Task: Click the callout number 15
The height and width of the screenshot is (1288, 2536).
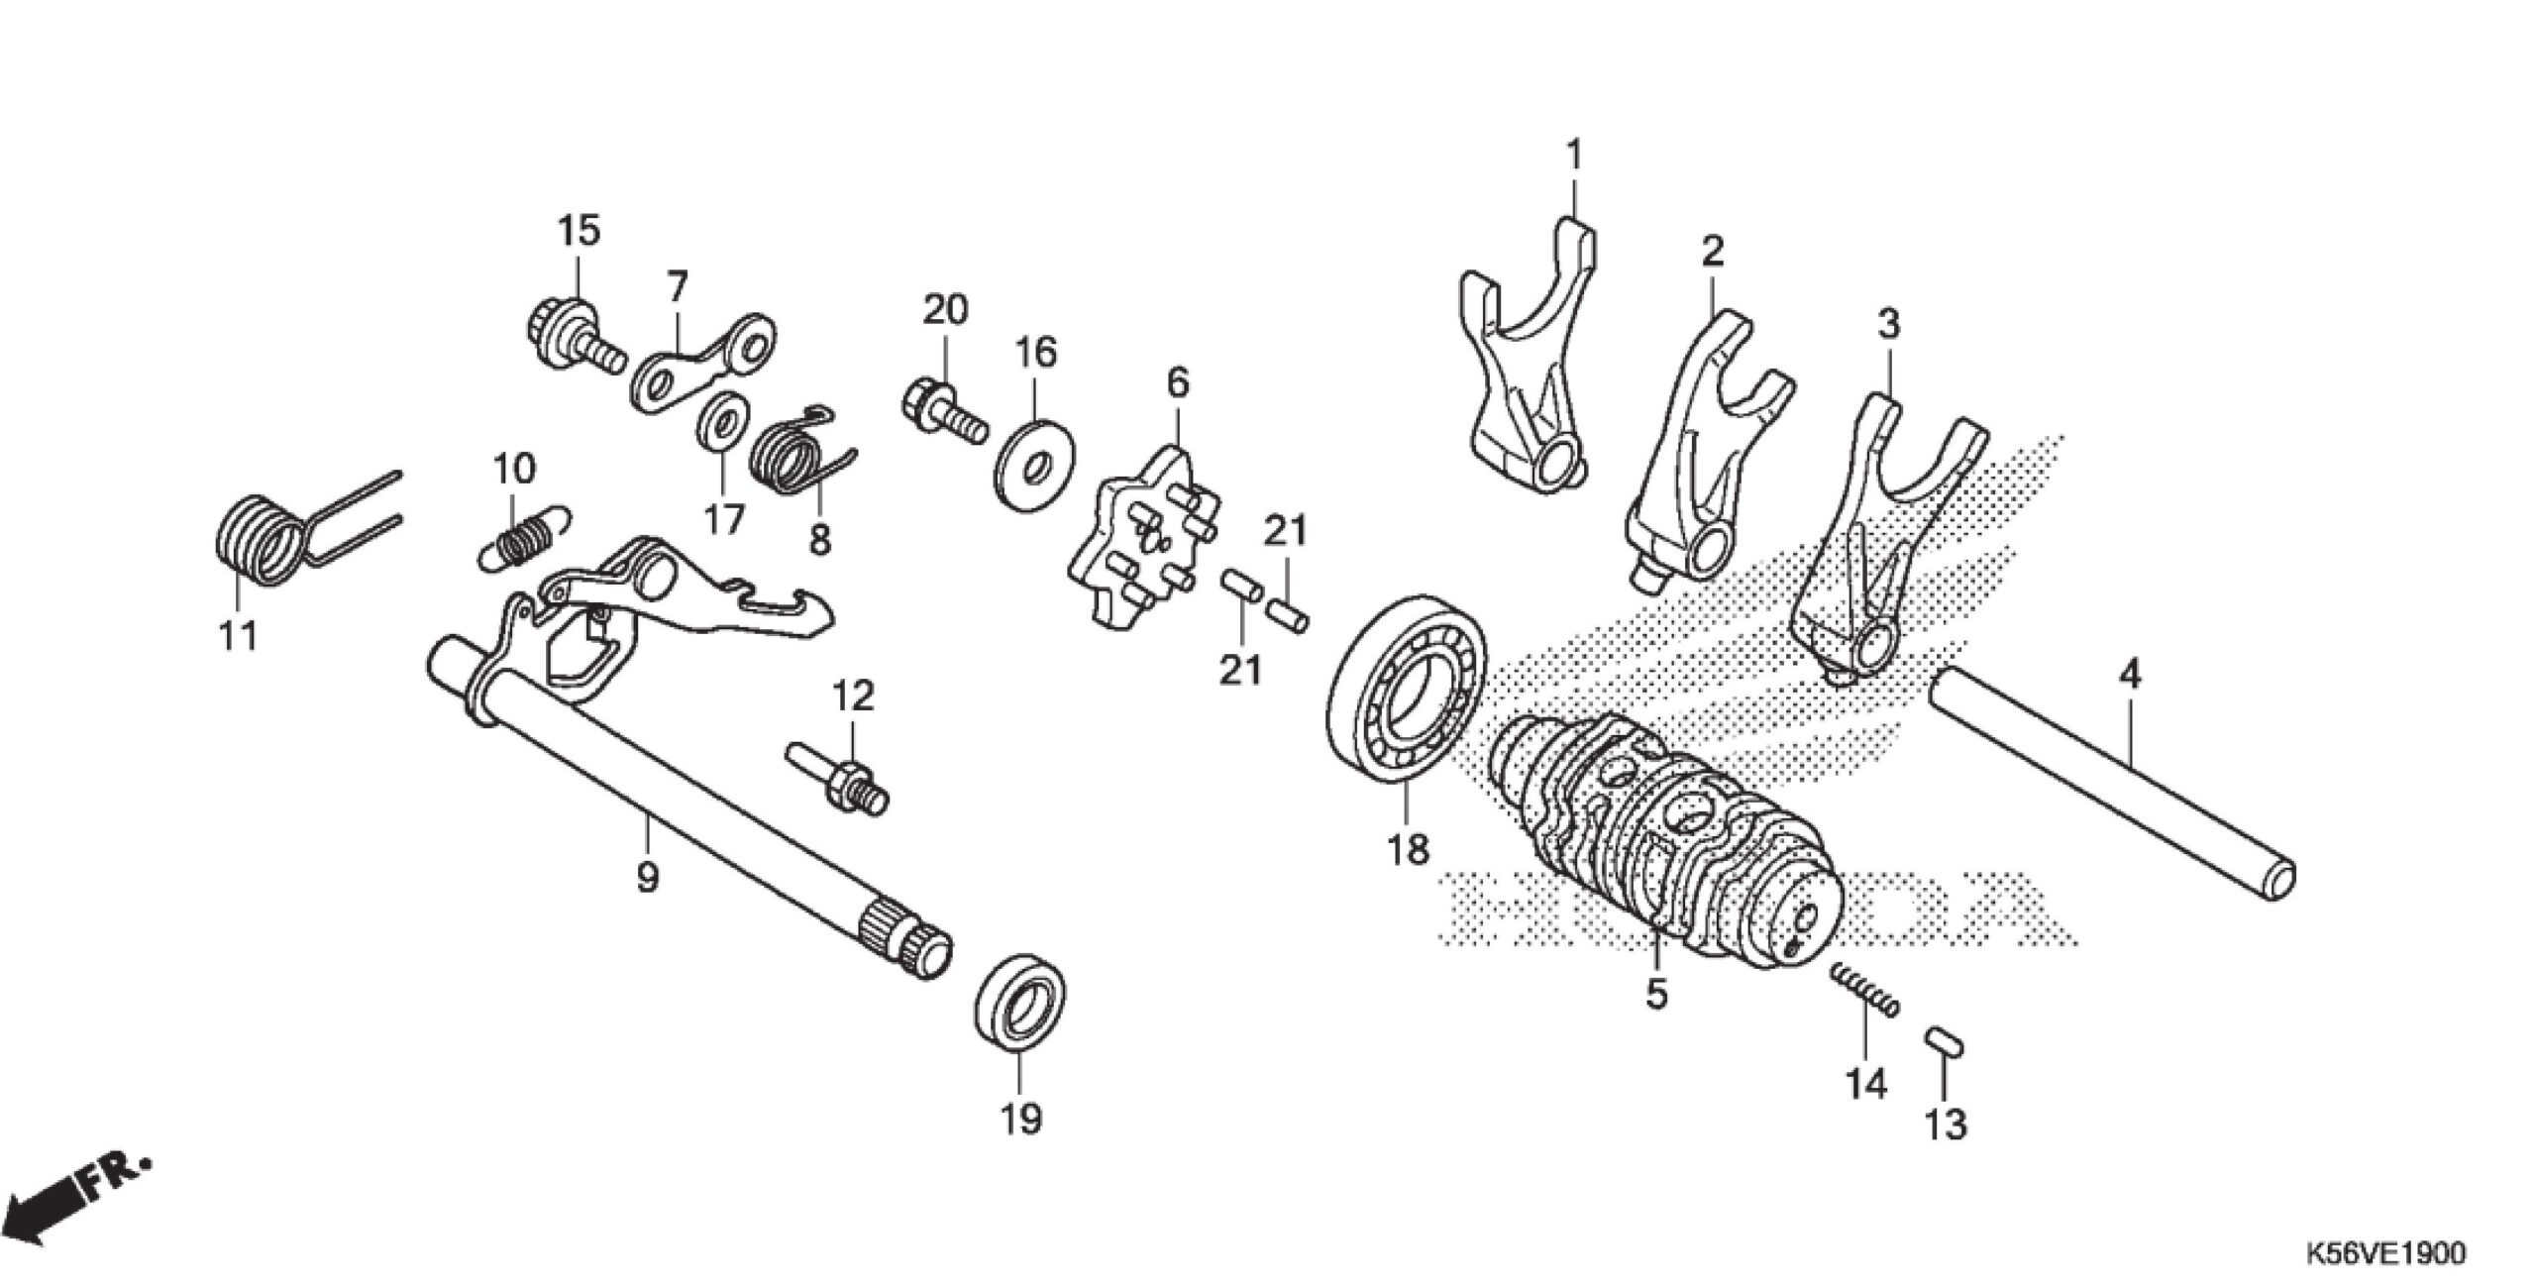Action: (x=579, y=232)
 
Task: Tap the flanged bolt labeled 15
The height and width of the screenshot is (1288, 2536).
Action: (x=565, y=338)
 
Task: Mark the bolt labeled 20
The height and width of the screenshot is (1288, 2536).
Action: (x=941, y=416)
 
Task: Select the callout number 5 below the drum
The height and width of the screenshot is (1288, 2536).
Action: (x=1656, y=993)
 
